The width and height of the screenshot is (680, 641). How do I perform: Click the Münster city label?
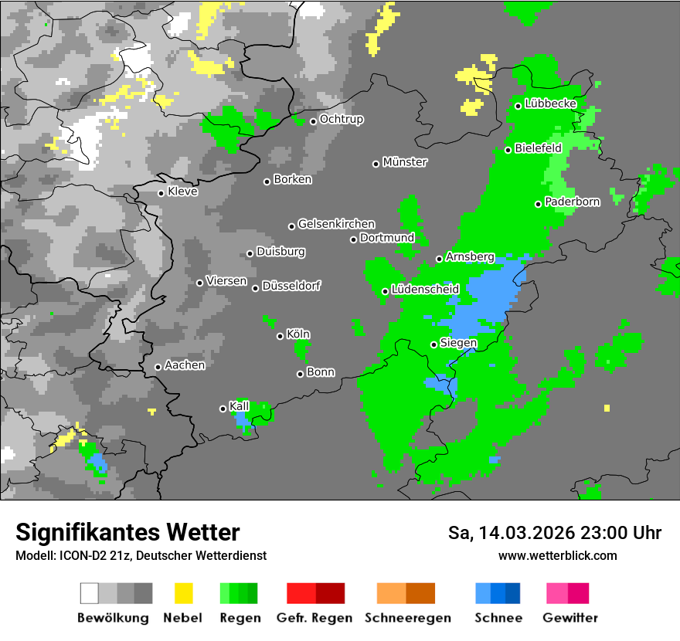(405, 162)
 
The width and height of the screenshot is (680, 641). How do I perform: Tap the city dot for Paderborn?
(539, 204)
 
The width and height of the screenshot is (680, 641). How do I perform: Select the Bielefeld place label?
(538, 148)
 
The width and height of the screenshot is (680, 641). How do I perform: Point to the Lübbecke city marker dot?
(518, 106)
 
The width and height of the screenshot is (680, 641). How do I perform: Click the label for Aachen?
(185, 365)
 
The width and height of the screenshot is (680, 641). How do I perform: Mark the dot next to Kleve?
(161, 193)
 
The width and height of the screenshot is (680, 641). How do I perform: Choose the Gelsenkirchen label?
(336, 224)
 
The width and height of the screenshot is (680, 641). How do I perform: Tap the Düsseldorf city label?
(291, 286)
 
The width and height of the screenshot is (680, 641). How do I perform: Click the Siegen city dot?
(433, 344)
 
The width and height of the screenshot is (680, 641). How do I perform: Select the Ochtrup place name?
(342, 120)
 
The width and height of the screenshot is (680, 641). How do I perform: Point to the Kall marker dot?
(223, 409)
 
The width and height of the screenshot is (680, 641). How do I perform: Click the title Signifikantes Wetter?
(127, 532)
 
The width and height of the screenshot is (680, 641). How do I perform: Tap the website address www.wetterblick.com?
(557, 555)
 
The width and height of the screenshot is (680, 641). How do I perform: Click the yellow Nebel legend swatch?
(183, 593)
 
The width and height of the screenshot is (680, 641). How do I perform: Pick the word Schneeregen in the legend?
(397, 618)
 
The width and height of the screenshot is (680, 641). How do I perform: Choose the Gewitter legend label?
(570, 618)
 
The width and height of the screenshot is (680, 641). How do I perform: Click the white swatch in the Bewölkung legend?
(89, 593)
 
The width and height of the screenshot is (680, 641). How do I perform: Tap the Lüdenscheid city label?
(425, 289)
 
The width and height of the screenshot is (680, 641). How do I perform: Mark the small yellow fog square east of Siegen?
(607, 408)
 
